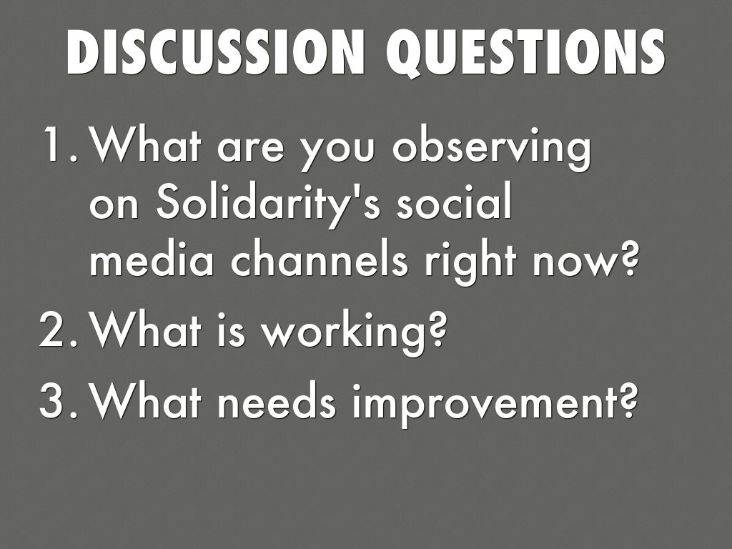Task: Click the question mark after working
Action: (x=436, y=330)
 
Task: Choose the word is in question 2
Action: (x=231, y=330)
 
